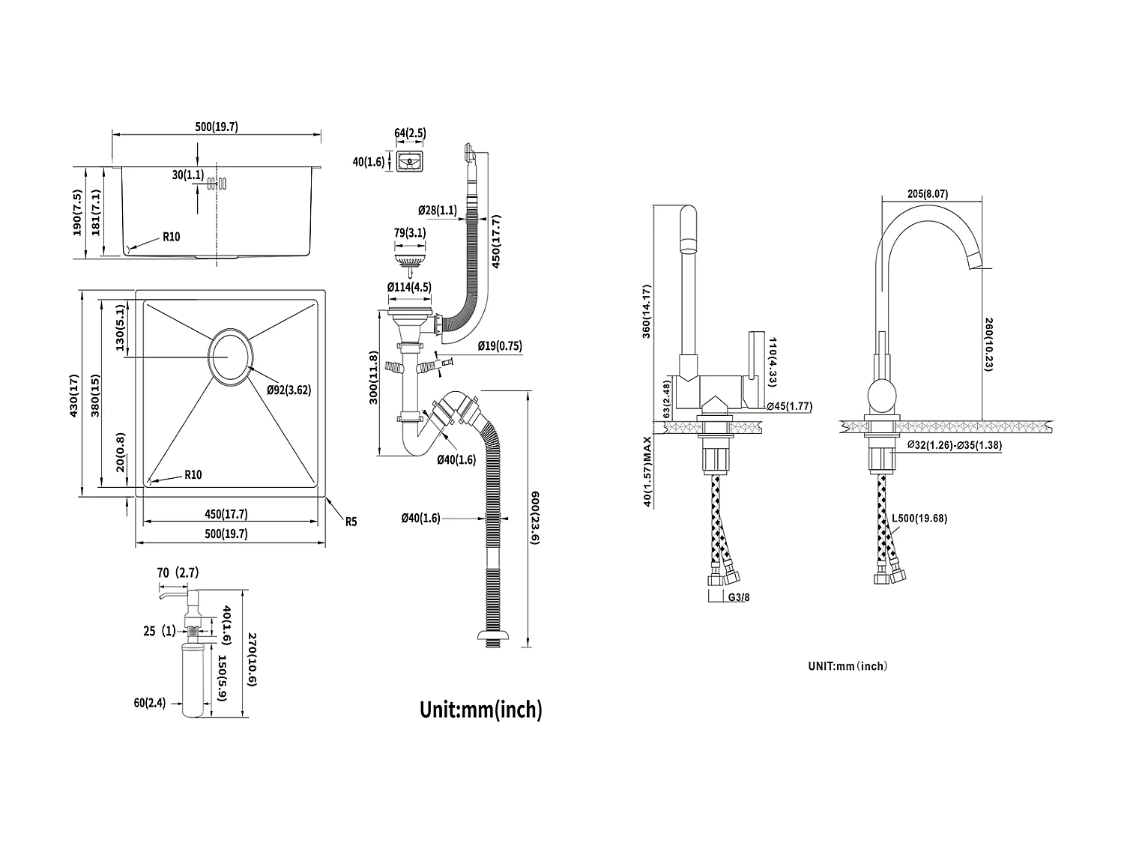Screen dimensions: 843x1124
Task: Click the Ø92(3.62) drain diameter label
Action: coord(288,390)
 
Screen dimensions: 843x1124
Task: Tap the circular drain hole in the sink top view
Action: coord(229,356)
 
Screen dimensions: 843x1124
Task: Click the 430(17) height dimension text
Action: coord(74,395)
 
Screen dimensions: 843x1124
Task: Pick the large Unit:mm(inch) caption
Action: coord(480,709)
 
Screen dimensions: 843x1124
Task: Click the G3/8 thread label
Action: coord(738,598)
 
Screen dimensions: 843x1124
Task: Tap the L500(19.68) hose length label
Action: coord(919,518)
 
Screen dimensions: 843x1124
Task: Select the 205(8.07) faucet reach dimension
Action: coord(927,193)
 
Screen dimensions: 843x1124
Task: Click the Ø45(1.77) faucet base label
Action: coord(790,406)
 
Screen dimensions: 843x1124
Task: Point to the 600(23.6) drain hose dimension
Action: coord(535,518)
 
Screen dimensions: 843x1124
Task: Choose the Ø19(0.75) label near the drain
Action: coord(500,346)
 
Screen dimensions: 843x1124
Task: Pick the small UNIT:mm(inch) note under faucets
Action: coord(847,665)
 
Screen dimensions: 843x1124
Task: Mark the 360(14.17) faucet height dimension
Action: coord(647,311)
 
